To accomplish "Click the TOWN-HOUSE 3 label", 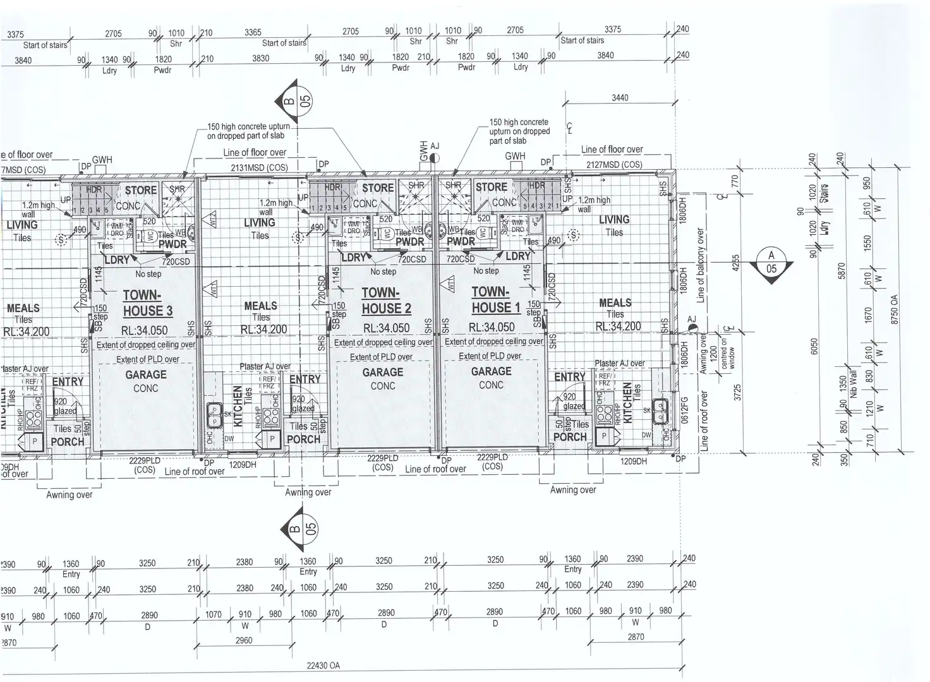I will point(147,303).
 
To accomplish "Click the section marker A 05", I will point(771,262).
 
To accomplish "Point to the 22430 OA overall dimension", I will point(323,665).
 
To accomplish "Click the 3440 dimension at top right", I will point(620,98).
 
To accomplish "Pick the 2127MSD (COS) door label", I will point(614,164).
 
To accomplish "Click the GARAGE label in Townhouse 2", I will point(382,373).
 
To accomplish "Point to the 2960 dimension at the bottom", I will point(243,640).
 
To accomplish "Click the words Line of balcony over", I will point(700,265).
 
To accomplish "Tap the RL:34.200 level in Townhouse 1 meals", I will point(618,326).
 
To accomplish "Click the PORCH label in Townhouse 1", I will point(570,436).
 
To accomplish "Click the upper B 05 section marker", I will point(295,102).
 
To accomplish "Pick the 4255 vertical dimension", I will point(736,263).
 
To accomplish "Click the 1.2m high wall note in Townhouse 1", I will point(593,204).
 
